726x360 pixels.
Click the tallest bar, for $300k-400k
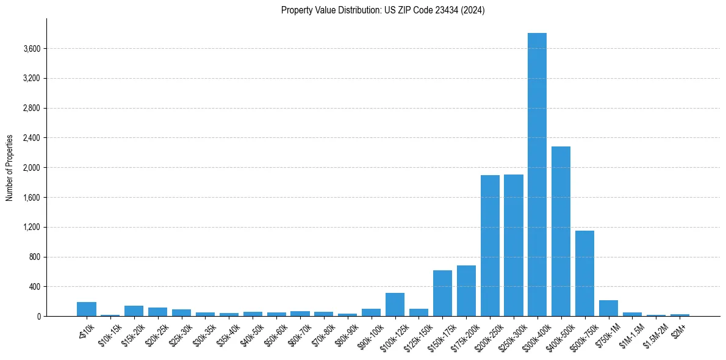point(537,175)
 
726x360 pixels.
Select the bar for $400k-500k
point(561,231)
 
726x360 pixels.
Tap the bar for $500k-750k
point(584,273)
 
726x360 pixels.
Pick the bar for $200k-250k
point(490,245)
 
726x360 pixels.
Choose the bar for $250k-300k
point(514,245)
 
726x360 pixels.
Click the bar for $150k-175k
point(442,293)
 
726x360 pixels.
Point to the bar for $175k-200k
point(466,290)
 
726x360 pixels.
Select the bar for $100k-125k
point(395,304)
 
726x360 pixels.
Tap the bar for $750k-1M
point(608,308)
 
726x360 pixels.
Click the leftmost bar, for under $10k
point(87,309)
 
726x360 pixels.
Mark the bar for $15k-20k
point(134,311)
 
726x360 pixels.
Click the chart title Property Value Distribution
point(383,10)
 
